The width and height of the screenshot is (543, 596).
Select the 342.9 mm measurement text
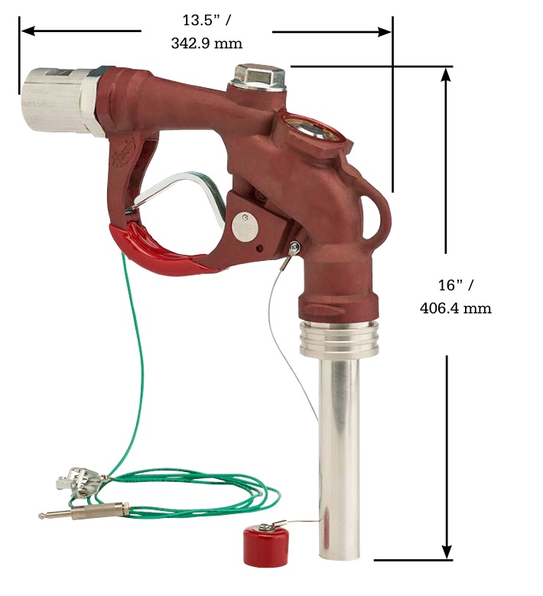coord(206,43)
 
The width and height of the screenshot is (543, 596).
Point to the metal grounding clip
coord(79,483)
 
